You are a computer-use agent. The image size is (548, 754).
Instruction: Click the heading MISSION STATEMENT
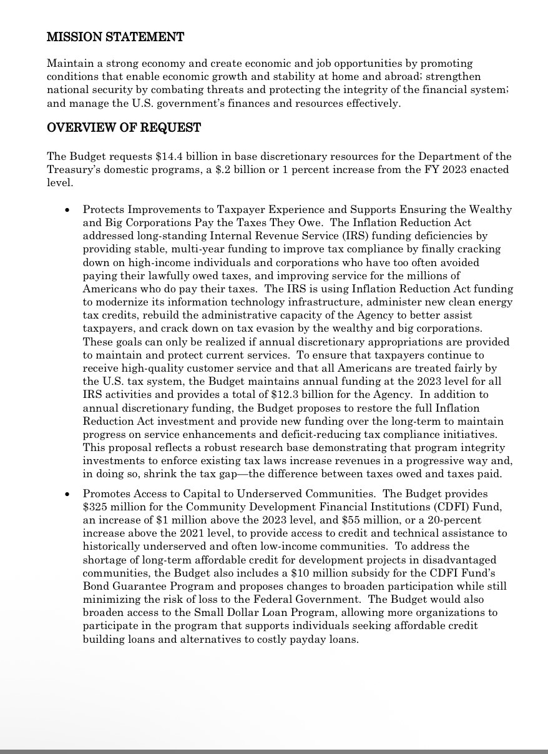pyautogui.click(x=115, y=37)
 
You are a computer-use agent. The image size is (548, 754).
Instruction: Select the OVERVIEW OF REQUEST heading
pyautogui.click(x=124, y=128)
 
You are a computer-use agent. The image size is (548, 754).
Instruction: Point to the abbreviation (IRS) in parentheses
pyautogui.click(x=340, y=236)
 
